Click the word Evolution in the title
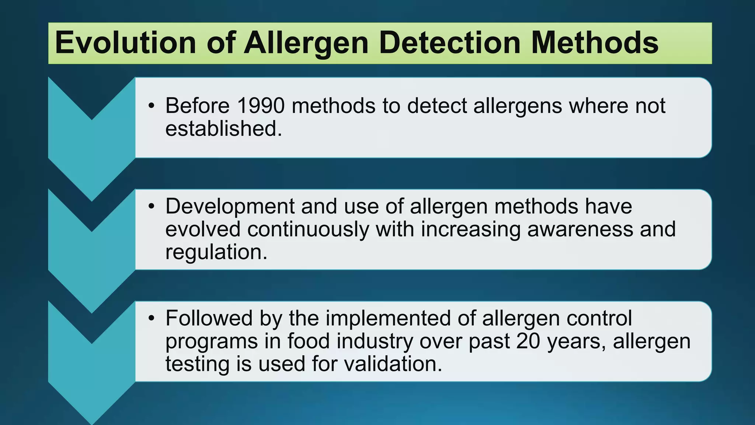(x=125, y=43)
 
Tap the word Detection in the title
(x=449, y=43)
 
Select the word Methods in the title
(x=594, y=43)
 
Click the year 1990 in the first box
(x=261, y=106)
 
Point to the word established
(x=223, y=129)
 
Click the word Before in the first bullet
(x=198, y=106)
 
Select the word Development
(x=230, y=206)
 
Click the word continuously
(x=308, y=229)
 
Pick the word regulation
(x=216, y=252)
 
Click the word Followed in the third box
(x=209, y=318)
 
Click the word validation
(x=393, y=364)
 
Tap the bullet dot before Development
(x=151, y=207)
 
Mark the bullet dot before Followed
(x=151, y=319)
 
